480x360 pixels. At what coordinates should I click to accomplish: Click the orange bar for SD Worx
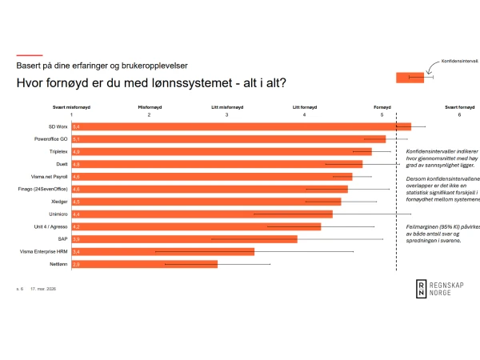point(240,126)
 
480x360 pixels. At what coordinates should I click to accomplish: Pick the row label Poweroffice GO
point(52,139)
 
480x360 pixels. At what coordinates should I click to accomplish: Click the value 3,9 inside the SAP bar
point(76,239)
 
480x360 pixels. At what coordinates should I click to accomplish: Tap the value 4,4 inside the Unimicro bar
point(76,214)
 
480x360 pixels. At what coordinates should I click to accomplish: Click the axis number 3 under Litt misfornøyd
point(226,115)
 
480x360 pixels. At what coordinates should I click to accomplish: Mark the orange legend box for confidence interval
point(410,77)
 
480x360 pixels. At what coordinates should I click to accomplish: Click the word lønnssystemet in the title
point(202,83)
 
